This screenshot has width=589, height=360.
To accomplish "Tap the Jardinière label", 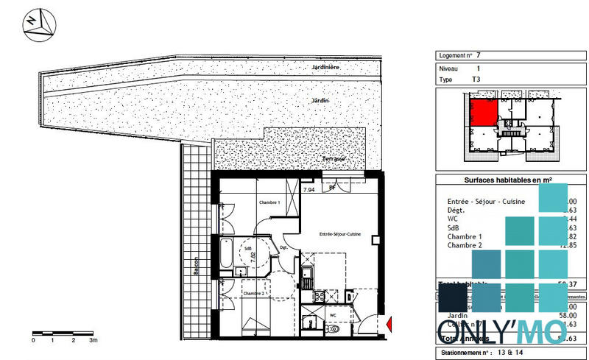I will (x=324, y=68).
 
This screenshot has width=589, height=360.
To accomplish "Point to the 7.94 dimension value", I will (x=309, y=190).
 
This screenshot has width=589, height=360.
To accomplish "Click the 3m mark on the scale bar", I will (x=93, y=342).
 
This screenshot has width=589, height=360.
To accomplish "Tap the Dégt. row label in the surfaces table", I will (x=457, y=210).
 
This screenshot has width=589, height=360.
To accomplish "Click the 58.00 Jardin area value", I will (x=567, y=315).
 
